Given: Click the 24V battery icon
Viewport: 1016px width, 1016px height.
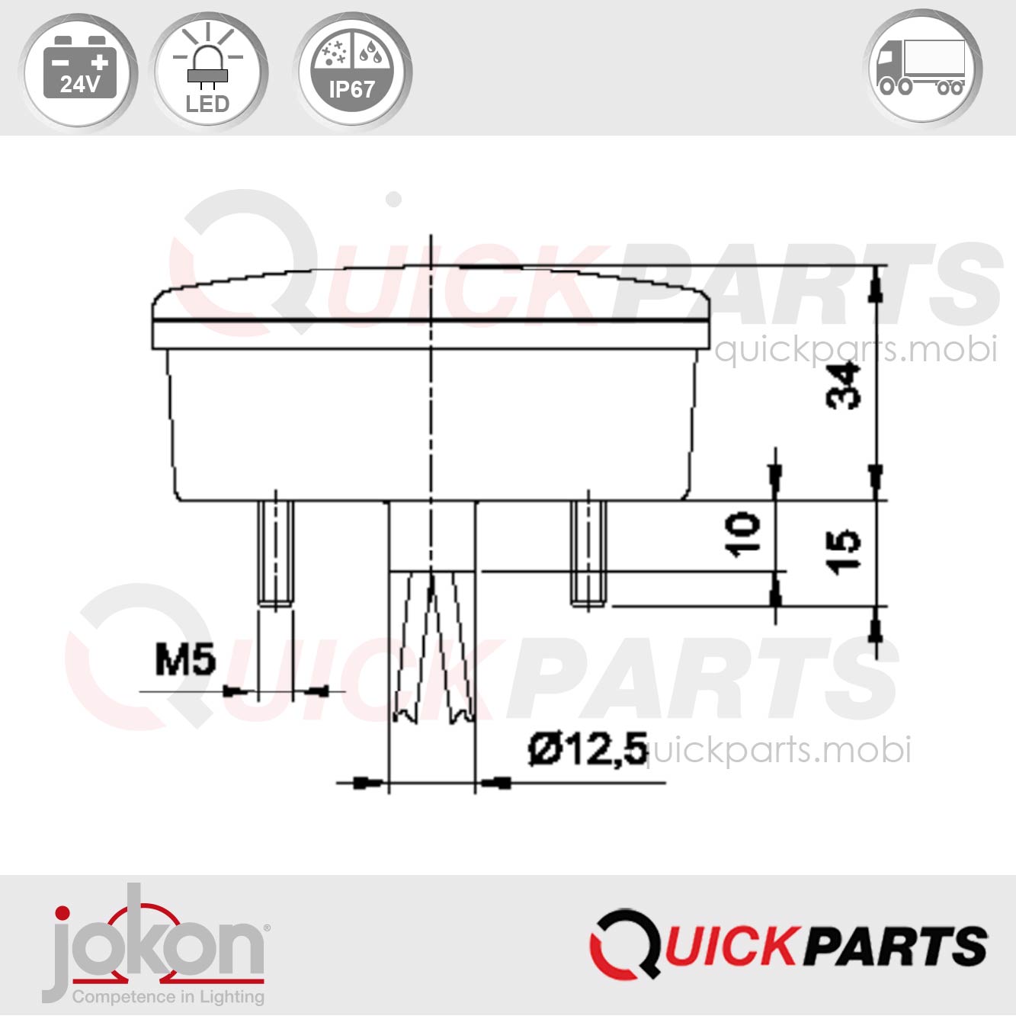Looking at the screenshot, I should pos(79,70).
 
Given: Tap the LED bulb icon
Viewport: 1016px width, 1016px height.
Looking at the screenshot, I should pos(208,70).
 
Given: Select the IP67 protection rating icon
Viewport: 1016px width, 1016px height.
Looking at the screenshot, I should pos(352,70).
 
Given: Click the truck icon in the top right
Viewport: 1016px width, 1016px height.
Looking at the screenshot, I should pos(923,69).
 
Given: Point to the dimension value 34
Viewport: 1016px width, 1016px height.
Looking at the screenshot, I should pos(844,386).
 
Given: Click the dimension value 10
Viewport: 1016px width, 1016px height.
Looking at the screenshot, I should pos(742,534).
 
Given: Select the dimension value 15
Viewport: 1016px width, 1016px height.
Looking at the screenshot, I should pos(844,551).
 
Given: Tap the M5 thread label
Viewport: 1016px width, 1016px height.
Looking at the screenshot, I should pos(185,660).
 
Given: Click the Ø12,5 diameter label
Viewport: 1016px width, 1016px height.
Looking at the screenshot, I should pos(587,749).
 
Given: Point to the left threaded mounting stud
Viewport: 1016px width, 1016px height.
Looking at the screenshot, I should pos(275,553).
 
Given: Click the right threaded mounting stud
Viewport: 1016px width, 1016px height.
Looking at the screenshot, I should pos(588,553).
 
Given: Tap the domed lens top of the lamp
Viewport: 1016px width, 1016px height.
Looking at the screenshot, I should pos(431,293).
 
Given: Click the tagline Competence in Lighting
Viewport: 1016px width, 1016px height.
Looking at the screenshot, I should pos(168,996).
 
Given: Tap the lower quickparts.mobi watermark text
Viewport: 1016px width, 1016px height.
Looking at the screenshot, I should pos(777,750).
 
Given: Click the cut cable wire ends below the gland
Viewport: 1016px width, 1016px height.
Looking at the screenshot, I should pos(432,648).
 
